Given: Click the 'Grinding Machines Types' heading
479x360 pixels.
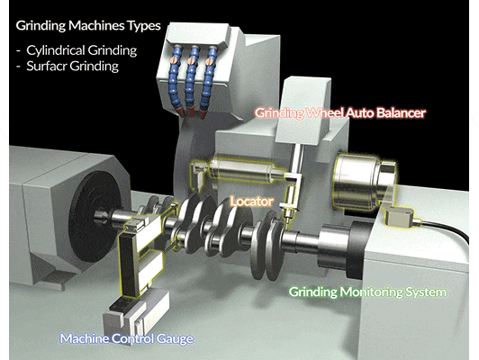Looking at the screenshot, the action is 88,26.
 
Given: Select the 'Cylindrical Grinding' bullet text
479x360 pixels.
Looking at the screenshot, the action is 82,50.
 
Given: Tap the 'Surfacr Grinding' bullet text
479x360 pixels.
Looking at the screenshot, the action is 72,67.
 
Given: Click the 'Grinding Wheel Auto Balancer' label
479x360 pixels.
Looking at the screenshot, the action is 340,113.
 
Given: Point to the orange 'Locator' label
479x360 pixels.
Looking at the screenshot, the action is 252,202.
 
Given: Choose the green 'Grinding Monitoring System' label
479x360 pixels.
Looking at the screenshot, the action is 367,292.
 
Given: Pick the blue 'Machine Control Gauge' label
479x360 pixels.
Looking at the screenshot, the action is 127,338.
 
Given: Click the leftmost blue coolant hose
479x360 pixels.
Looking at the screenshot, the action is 175,79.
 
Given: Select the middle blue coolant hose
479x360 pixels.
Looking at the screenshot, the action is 192,80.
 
